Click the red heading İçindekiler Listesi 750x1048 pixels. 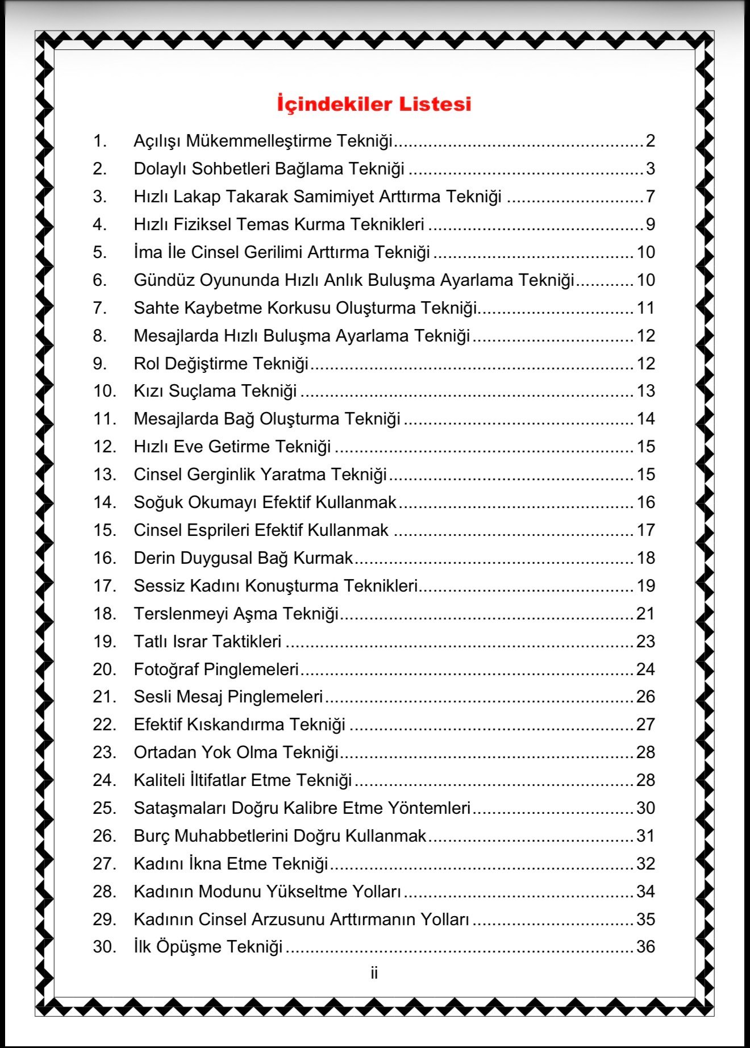(x=374, y=104)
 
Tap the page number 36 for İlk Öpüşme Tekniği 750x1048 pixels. (x=645, y=946)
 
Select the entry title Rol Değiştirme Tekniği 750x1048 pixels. (x=221, y=363)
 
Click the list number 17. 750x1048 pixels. (x=105, y=585)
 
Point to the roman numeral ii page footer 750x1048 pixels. (x=374, y=973)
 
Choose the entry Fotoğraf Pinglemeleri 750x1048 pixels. (x=216, y=669)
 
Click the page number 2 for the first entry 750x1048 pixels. (x=650, y=140)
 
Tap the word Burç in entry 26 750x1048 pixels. (x=152, y=836)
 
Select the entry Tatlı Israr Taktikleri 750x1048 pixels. (x=207, y=641)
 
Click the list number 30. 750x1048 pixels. (x=105, y=946)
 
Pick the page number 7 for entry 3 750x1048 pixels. (x=650, y=196)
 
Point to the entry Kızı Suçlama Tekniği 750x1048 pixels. (x=215, y=391)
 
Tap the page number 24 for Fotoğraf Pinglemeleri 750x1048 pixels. (x=645, y=669)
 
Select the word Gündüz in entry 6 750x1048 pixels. (x=164, y=280)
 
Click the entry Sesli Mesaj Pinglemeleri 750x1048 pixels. (x=228, y=696)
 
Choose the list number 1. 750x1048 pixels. (x=100, y=140)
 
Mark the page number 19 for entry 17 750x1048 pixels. (x=645, y=585)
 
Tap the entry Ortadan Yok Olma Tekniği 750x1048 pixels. (x=236, y=752)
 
